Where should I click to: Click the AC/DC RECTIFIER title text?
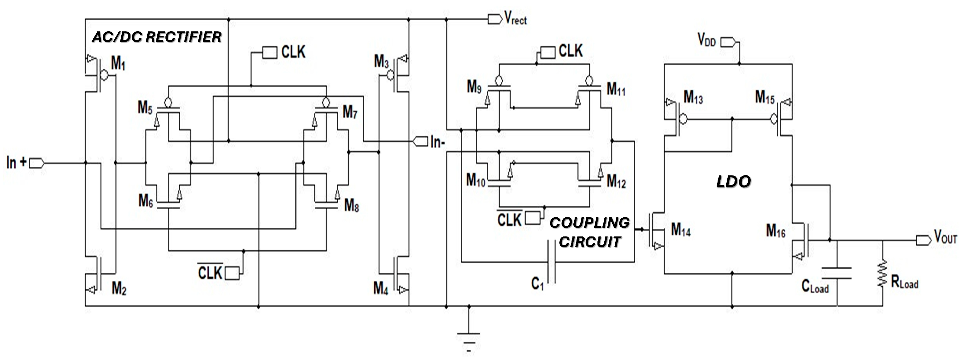157,37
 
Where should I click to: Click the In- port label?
437,142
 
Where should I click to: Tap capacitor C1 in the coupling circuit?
551,262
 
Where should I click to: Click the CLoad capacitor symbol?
836,273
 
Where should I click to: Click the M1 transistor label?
118,64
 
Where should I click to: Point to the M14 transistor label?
681,229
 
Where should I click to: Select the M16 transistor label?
775,231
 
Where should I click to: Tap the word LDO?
733,182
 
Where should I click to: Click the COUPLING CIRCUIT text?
590,232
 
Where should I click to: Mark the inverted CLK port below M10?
532,218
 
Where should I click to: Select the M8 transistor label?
351,205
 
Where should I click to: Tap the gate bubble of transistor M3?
390,75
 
